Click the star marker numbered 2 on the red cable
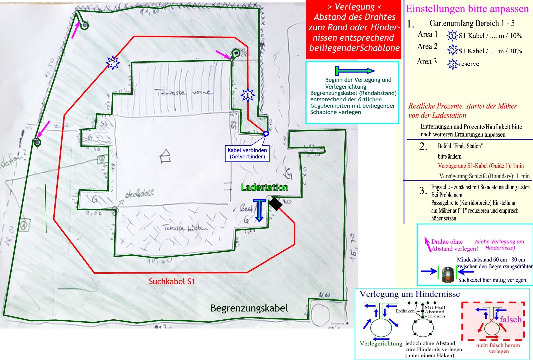pyautogui.click(x=113, y=62)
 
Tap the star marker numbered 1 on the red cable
pyautogui.click(x=248, y=95)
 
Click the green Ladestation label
pyautogui.click(x=265, y=187)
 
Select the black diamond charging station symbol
pyautogui.click(x=275, y=204)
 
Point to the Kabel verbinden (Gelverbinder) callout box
pyautogui.click(x=247, y=153)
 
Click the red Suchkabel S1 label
pyautogui.click(x=172, y=281)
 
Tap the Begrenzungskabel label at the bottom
pyautogui.click(x=249, y=308)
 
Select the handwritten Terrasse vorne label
pyautogui.click(x=184, y=93)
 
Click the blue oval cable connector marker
pyautogui.click(x=266, y=134)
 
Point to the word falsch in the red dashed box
pyautogui.click(x=510, y=319)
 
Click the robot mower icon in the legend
pyautogui.click(x=448, y=275)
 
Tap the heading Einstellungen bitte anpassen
pyautogui.click(x=467, y=9)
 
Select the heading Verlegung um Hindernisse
pyautogui.click(x=410, y=294)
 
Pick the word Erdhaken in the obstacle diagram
pyautogui.click(x=405, y=311)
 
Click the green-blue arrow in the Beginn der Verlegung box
pyautogui.click(x=355, y=71)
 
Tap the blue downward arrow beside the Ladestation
pyautogui.click(x=259, y=210)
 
